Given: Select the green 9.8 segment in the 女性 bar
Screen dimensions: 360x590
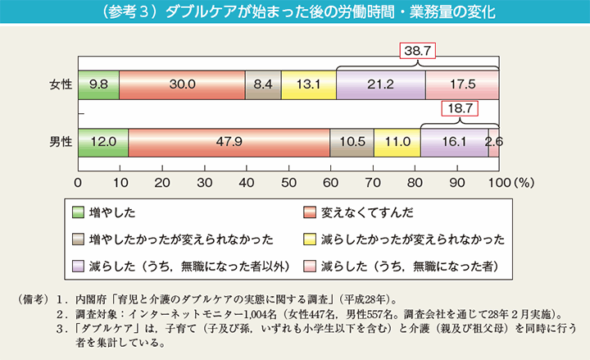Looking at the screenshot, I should tap(98, 84).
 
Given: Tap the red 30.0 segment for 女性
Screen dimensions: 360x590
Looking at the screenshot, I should tap(182, 84).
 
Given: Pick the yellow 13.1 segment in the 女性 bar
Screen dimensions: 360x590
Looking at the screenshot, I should tap(308, 84).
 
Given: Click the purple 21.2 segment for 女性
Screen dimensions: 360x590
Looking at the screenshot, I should tap(380, 84).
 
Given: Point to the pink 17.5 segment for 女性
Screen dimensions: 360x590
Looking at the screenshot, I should tap(462, 84).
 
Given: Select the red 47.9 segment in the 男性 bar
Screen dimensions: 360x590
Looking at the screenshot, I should tap(229, 141).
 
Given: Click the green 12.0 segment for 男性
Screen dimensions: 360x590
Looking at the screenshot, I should tap(103, 141).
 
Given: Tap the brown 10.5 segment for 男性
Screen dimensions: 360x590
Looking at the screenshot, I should tap(352, 141).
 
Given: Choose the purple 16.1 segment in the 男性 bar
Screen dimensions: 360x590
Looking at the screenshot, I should tap(454, 141).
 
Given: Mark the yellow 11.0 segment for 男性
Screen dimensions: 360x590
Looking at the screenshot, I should tap(397, 141).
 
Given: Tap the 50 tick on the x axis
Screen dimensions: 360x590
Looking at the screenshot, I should tap(288, 182).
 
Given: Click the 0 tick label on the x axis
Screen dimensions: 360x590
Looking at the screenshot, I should tap(78, 182).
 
